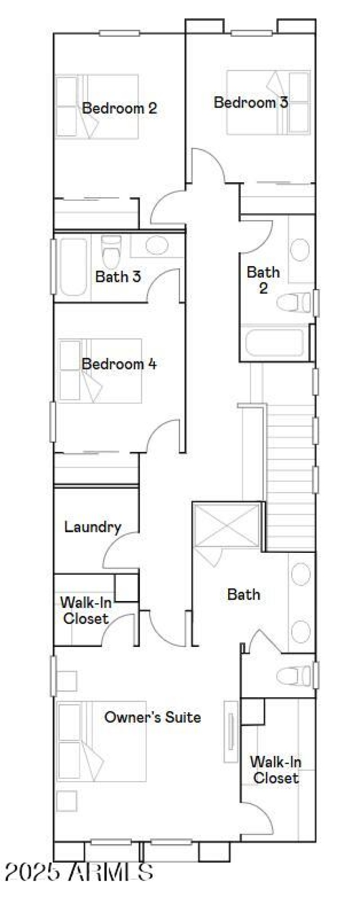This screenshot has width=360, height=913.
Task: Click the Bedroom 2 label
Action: pos(119,108)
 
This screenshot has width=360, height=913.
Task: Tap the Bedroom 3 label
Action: pos(251,102)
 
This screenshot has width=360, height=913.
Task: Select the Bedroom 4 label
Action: pos(119,363)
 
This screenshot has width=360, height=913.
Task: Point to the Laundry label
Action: pos(93,527)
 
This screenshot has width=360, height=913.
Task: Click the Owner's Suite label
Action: pos(153,717)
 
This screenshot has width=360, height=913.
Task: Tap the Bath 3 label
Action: pos(118,276)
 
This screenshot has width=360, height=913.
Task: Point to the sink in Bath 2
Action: pos(300,250)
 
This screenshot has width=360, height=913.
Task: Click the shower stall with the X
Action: pos(227,525)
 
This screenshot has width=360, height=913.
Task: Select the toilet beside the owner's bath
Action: pos(293,676)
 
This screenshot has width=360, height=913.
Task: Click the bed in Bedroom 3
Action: pos(268,103)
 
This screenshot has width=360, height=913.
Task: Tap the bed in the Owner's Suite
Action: pos(101,741)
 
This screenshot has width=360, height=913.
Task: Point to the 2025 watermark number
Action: pos(32,872)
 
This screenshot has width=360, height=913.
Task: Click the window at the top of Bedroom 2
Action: pos(119,33)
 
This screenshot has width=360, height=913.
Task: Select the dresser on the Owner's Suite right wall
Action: pos(231,732)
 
